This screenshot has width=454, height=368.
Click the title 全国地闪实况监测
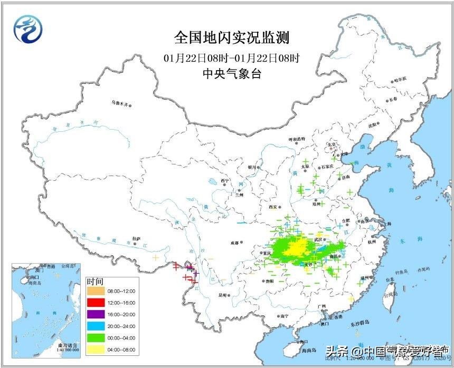click(x=232, y=38)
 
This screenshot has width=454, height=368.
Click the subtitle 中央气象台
click(x=232, y=74)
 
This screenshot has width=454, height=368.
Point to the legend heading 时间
click(x=96, y=282)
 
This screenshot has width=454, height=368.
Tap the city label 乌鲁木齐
click(x=120, y=103)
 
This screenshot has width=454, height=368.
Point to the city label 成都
click(x=234, y=243)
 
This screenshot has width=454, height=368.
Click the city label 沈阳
click(x=373, y=125)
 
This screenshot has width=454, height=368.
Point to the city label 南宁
click(x=285, y=316)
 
